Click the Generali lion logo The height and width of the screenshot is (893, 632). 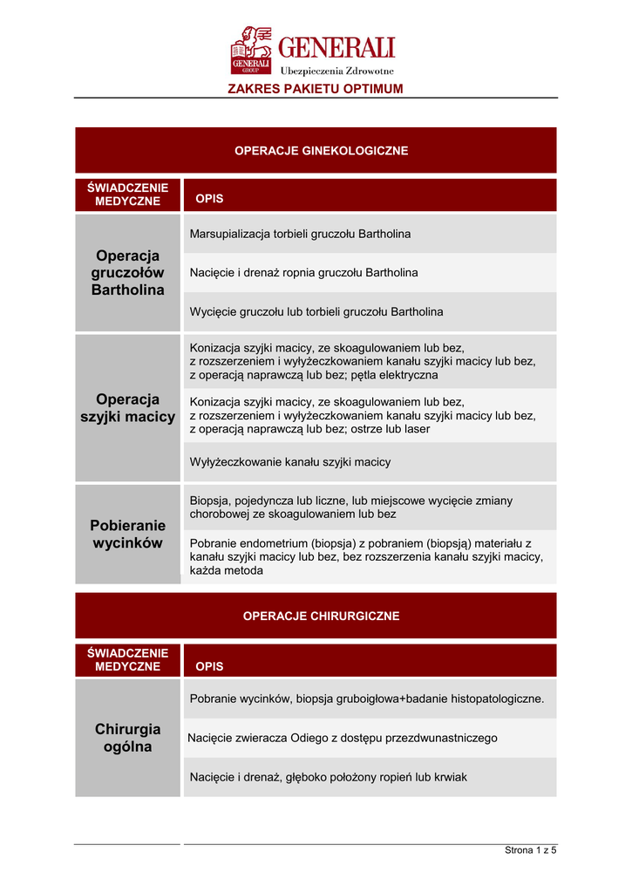[252, 51]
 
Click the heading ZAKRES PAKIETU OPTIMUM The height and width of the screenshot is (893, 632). [316, 89]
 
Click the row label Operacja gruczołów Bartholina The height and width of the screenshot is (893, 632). [127, 273]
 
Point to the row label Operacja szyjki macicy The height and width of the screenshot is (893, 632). [127, 408]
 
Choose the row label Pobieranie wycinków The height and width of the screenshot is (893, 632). [127, 535]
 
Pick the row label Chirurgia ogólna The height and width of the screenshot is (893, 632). [127, 738]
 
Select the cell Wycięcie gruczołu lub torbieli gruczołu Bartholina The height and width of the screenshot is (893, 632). [316, 311]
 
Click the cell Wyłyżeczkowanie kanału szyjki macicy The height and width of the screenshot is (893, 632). [290, 462]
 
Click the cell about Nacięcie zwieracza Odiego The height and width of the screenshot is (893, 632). [343, 738]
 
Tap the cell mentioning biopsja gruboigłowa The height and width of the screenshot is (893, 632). [366, 699]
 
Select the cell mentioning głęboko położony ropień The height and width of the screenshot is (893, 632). [328, 776]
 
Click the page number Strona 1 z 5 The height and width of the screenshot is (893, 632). [530, 850]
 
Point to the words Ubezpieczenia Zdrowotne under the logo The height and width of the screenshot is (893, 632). [336, 71]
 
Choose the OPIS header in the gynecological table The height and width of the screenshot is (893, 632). [209, 199]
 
